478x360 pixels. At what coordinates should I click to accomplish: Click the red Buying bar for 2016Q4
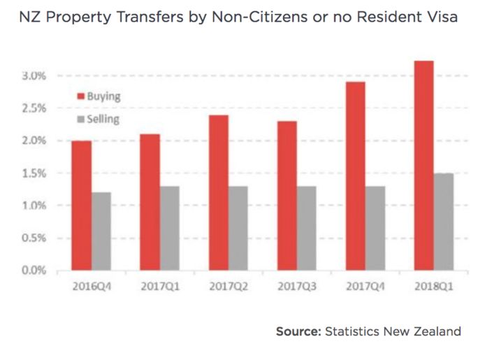pyautogui.click(x=82, y=206)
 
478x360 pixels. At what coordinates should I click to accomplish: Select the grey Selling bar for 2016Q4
pyautogui.click(x=101, y=231)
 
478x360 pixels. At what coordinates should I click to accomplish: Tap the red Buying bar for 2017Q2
pyautogui.click(x=219, y=193)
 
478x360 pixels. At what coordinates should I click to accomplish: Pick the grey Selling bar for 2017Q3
pyautogui.click(x=306, y=229)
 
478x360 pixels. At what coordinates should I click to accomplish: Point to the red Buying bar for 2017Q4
pyautogui.click(x=356, y=176)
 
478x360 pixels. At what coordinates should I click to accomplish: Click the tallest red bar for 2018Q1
pyautogui.click(x=423, y=166)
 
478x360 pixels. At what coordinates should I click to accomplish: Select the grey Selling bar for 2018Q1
pyautogui.click(x=444, y=222)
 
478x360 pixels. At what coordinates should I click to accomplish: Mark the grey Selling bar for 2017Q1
pyautogui.click(x=170, y=229)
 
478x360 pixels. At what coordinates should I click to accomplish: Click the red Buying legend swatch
pyautogui.click(x=81, y=96)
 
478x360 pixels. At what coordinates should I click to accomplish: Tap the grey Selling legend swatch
pyautogui.click(x=81, y=120)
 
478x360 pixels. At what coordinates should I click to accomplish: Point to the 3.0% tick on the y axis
pyautogui.click(x=34, y=76)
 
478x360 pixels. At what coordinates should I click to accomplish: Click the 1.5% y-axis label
pyautogui.click(x=34, y=173)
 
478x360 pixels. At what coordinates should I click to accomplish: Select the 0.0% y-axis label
pyautogui.click(x=34, y=270)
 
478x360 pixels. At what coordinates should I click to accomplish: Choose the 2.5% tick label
pyautogui.click(x=34, y=108)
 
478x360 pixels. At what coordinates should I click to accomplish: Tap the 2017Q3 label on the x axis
pyautogui.click(x=297, y=287)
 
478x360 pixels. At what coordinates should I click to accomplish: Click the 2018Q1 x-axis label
pyautogui.click(x=434, y=287)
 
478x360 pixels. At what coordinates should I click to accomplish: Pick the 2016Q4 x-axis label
pyautogui.click(x=92, y=287)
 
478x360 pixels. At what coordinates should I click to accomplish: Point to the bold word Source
pyautogui.click(x=298, y=331)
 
